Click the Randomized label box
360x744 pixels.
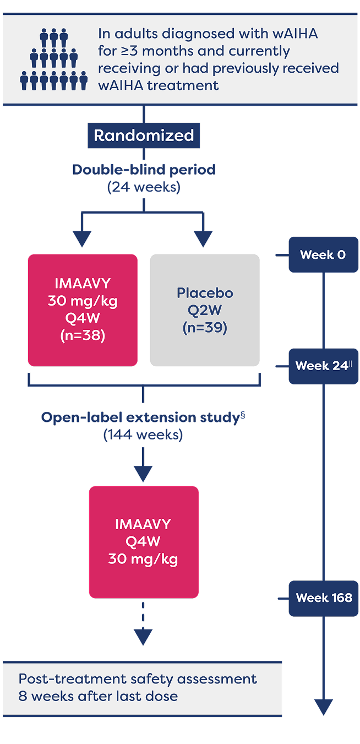[x=144, y=135]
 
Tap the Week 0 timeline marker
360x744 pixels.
[x=324, y=255]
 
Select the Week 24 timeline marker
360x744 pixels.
[x=324, y=366]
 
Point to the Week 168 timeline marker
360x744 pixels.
[x=324, y=599]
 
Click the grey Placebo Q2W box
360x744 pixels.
[x=205, y=310]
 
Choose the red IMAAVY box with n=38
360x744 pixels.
[x=83, y=310]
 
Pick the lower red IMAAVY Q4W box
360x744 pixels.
[x=144, y=542]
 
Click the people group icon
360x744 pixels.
[x=54, y=59]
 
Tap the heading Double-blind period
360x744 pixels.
[x=144, y=170]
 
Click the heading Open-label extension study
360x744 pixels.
[x=140, y=417]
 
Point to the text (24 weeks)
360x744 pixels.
[x=144, y=187]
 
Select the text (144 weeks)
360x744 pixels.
[x=143, y=435]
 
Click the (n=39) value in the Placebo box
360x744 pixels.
[x=205, y=328]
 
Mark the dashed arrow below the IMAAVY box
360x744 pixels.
[x=143, y=623]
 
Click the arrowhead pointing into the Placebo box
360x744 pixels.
[x=203, y=239]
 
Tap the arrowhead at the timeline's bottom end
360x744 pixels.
[x=324, y=707]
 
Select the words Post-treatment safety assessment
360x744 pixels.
[x=138, y=679]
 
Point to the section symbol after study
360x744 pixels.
[x=243, y=415]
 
